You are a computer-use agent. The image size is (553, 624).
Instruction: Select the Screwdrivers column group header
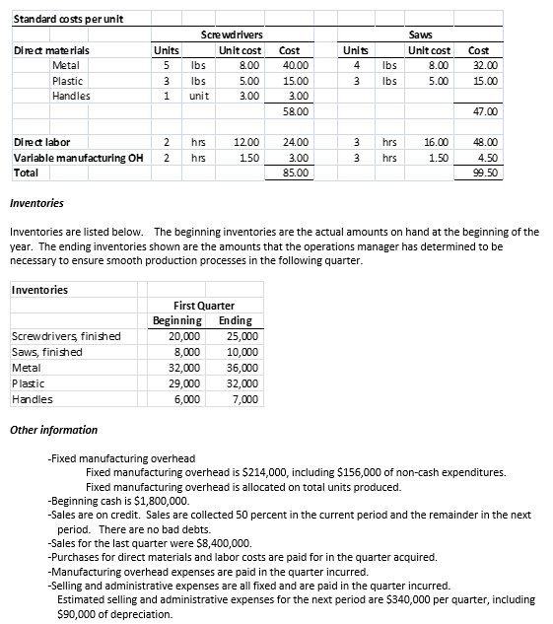point(228,35)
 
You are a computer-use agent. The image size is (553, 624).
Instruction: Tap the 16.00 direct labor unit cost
point(437,142)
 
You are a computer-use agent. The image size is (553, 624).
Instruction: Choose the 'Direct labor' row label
point(41,142)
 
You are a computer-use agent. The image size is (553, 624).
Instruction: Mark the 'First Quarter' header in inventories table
point(203,306)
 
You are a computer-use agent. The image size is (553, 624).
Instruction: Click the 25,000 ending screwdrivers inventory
point(242,336)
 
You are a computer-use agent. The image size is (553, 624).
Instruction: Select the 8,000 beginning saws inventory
point(186,352)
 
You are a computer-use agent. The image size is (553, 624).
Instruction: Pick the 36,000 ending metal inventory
point(242,368)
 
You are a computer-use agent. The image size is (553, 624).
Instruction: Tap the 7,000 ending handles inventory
point(244,399)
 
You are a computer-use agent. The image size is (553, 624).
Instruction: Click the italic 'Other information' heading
point(53,430)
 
